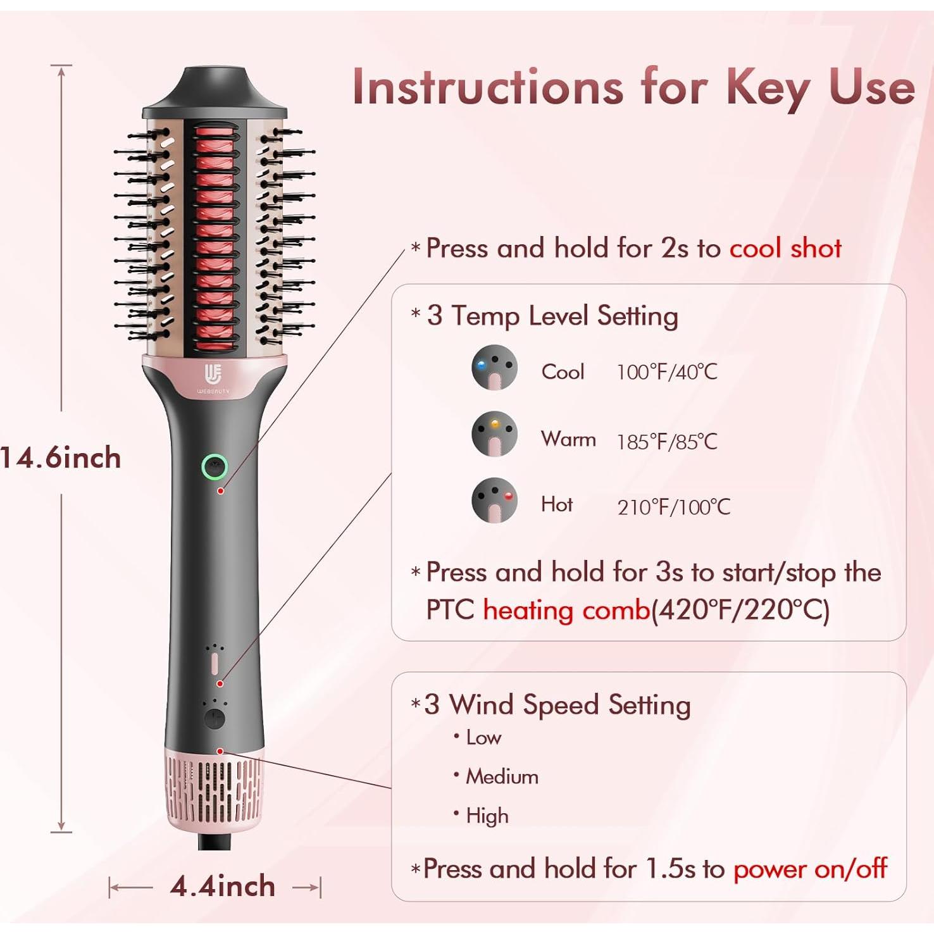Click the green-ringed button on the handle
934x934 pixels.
point(215,467)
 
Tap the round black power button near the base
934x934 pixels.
point(215,719)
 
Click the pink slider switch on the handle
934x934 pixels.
point(215,663)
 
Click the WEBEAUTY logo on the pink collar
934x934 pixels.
point(213,378)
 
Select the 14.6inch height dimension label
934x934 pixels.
point(61,458)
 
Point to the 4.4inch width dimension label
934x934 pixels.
point(222,887)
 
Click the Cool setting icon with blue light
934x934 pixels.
point(494,368)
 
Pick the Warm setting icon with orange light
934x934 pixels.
point(494,434)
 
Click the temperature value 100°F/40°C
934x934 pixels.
point(667,371)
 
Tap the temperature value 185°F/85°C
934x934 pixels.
point(667,441)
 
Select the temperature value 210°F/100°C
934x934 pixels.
point(673,507)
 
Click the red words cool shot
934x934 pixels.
point(785,248)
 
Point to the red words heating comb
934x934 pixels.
point(566,610)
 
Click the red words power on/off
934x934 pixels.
point(810,869)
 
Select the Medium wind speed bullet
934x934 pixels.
point(501,776)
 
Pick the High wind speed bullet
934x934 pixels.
point(487,816)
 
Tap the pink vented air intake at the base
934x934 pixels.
point(215,788)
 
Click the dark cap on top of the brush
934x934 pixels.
point(215,92)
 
